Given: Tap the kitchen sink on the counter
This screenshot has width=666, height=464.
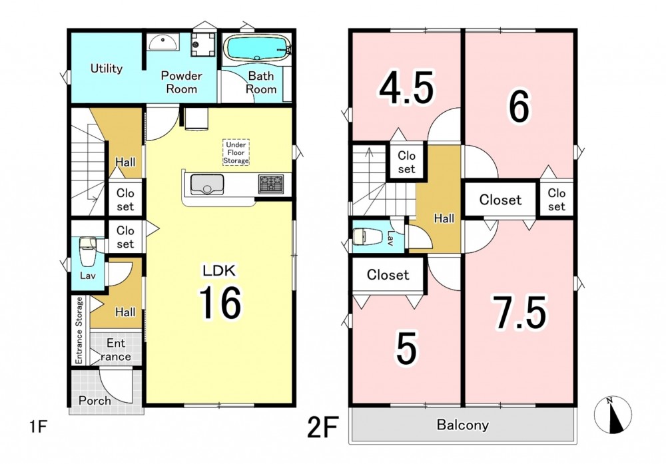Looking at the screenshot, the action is point(207,184).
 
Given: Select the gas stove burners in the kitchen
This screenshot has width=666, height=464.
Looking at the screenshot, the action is point(270,184).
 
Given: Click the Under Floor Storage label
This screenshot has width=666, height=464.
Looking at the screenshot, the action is point(236,152).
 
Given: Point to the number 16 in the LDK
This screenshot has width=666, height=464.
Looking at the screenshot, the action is point(220,302).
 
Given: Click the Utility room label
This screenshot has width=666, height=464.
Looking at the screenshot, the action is point(106,69).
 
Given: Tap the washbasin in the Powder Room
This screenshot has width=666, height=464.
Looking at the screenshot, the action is point(163,43).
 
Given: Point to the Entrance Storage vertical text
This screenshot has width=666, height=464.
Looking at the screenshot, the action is point(79,330).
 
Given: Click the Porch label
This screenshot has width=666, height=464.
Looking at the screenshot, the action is point(95,400).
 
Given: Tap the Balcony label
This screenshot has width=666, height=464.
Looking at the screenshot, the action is point(463,425).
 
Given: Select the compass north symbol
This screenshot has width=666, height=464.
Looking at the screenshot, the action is point(613,415).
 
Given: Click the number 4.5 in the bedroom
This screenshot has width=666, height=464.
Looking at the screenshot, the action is point(406,89).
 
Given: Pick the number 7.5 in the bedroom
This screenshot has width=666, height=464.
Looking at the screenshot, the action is point(519,312).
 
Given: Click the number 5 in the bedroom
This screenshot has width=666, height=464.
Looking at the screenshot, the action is point(406,348).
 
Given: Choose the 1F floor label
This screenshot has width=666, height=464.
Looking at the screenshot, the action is point(38,426).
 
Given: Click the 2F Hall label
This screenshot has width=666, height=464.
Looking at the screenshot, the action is point(444,218).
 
